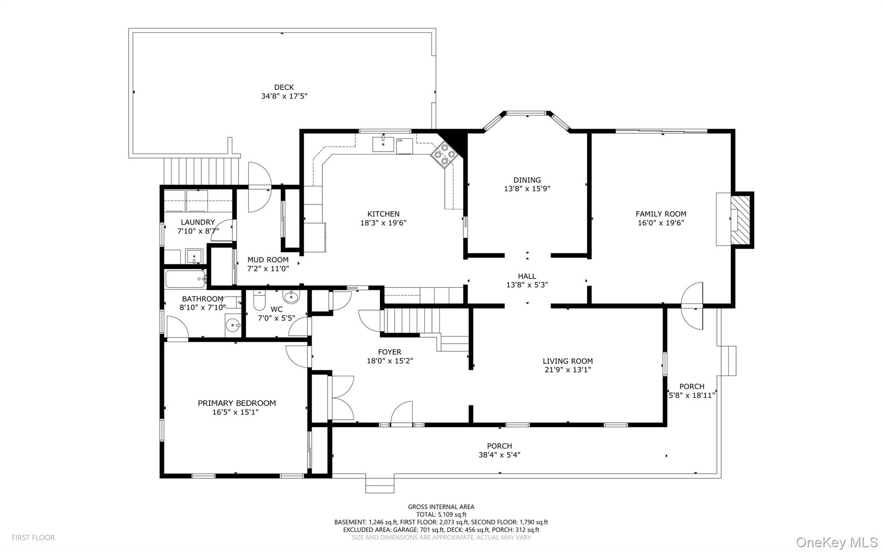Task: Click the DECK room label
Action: pyautogui.click(x=284, y=87)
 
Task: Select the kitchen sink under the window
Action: pyautogui.click(x=383, y=144)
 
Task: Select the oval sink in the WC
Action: pyautogui.click(x=291, y=297)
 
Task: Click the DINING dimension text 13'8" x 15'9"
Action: pyautogui.click(x=527, y=189)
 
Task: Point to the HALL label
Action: pyautogui.click(x=527, y=276)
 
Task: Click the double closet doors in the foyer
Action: pyautogui.click(x=341, y=398)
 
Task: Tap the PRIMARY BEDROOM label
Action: pyautogui.click(x=237, y=403)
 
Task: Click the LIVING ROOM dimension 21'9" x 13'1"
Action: pyautogui.click(x=567, y=370)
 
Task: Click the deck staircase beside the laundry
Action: pyautogui.click(x=202, y=171)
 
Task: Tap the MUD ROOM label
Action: pyautogui.click(x=268, y=260)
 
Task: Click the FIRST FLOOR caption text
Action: pyautogui.click(x=33, y=538)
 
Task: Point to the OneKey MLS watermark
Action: pyautogui.click(x=836, y=542)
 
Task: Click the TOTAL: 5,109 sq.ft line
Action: pyautogui.click(x=441, y=514)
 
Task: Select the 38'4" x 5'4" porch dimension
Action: pyautogui.click(x=499, y=455)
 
